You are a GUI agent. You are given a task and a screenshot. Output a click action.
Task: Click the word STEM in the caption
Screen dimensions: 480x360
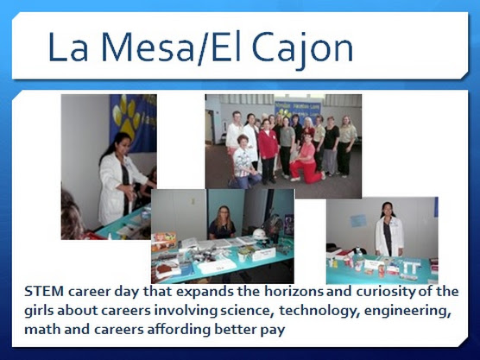click(44, 291)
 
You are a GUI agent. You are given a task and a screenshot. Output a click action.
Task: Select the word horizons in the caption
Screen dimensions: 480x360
click(294, 291)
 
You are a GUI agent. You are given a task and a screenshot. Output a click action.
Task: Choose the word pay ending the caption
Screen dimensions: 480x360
click(273, 332)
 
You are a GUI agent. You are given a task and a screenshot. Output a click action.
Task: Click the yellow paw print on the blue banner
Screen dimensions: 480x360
click(126, 116)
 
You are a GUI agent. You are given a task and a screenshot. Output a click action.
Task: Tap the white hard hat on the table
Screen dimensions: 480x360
click(260, 234)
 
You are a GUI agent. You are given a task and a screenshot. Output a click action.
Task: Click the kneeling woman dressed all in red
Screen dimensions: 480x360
click(306, 160)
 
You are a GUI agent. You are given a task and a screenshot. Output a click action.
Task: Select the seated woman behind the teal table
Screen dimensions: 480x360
click(222, 223)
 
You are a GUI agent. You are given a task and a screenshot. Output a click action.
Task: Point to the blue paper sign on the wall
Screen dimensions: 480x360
click(358, 221)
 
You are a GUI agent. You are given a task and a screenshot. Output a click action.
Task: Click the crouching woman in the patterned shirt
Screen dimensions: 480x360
click(243, 162)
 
